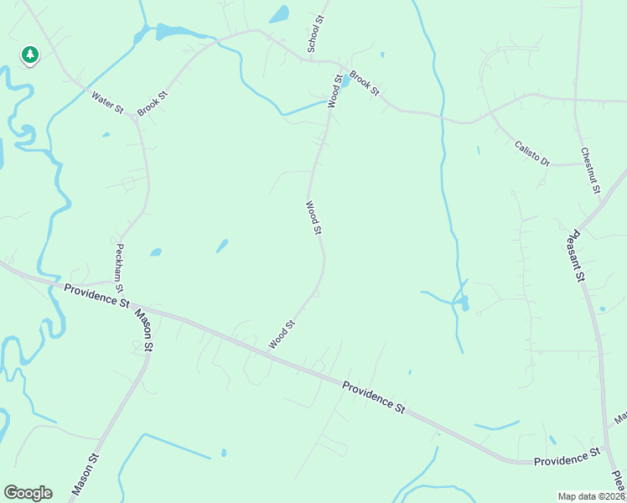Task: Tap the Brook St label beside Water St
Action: click(153, 103)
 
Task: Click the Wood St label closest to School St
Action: click(336, 91)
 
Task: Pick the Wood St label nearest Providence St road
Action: click(282, 334)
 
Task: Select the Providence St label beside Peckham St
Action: click(96, 294)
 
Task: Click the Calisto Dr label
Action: click(531, 152)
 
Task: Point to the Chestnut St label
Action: click(590, 171)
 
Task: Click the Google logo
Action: click(28, 493)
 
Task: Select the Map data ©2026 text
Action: click(592, 496)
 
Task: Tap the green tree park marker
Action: click(30, 55)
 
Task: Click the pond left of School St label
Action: click(279, 14)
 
